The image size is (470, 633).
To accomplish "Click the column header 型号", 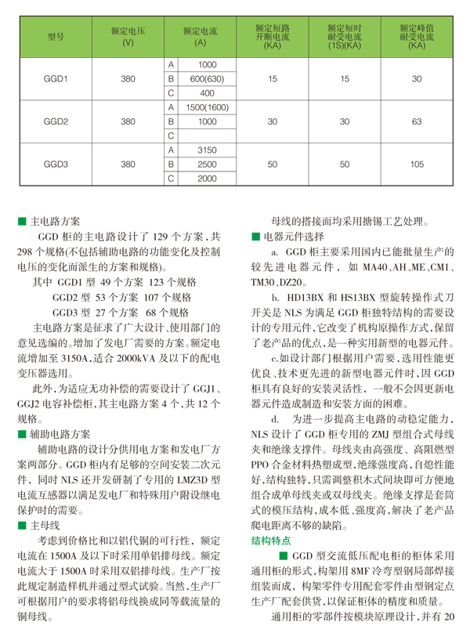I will coord(55,36).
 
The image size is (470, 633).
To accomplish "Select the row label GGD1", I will coord(55,78).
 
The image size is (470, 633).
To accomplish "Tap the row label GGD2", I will coord(55,121).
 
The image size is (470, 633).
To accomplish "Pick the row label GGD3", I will coord(55,165).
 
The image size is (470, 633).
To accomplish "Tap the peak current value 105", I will coord(417,165).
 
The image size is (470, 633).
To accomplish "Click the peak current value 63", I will coord(417,121).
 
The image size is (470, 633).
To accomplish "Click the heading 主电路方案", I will coord(58,222).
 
